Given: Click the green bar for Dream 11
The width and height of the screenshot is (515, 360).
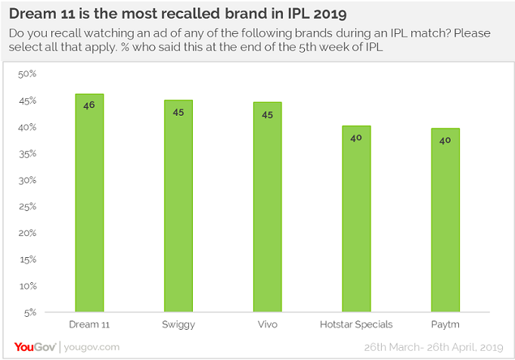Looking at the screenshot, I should [x=89, y=203].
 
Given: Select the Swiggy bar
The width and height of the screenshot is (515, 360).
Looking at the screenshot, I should [x=178, y=206].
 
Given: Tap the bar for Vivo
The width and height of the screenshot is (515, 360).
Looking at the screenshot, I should [x=267, y=206].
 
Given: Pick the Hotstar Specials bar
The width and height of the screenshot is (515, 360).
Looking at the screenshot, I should [x=356, y=219].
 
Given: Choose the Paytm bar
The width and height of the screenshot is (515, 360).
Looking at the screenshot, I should [x=445, y=220].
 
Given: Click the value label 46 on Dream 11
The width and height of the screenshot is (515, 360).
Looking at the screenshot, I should [x=89, y=106].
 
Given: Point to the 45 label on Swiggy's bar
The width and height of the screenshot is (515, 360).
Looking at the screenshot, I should [x=178, y=112].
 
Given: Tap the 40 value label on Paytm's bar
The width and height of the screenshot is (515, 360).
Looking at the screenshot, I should [x=445, y=140].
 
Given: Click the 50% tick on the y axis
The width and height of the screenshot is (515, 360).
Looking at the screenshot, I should [x=27, y=74].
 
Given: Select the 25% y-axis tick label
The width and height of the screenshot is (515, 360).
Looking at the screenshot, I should [x=27, y=206].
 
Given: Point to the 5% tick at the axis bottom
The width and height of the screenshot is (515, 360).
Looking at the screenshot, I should [x=29, y=312].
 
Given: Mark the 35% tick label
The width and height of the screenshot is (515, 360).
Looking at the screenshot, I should [x=27, y=154].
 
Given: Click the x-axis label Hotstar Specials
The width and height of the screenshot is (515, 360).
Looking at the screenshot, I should [x=356, y=324].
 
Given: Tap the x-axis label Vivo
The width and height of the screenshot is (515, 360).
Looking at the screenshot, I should [x=267, y=324].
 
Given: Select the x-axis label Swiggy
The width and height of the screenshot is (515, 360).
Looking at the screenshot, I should [x=178, y=324].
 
